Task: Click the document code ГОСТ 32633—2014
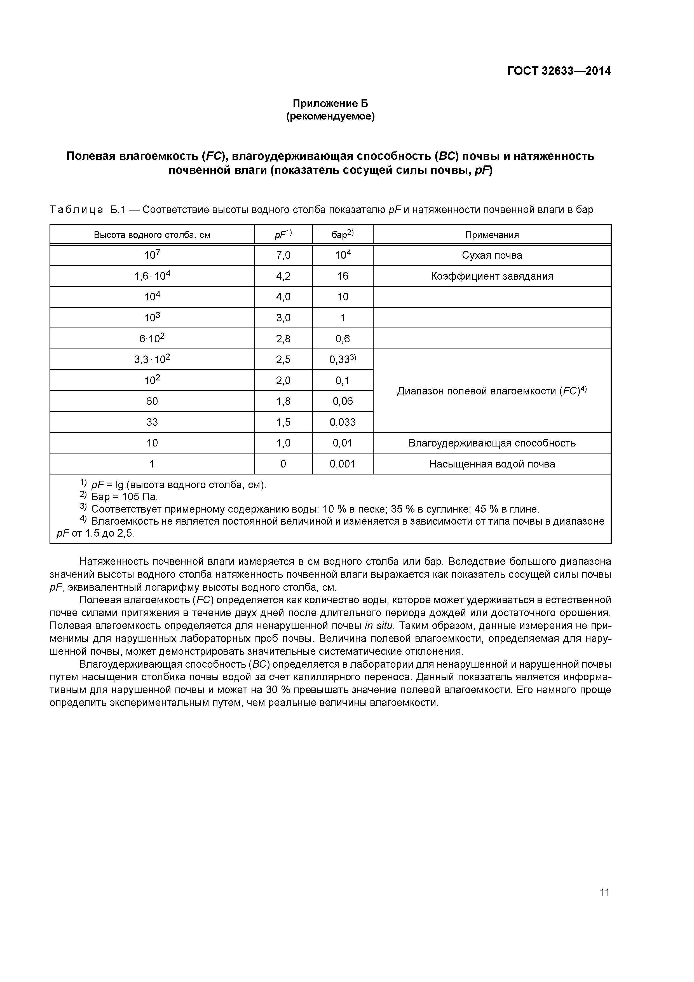pyautogui.click(x=559, y=71)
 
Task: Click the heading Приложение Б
pyautogui.click(x=330, y=104)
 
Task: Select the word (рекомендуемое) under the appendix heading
pyautogui.click(x=330, y=116)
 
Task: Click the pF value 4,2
pyautogui.click(x=283, y=276)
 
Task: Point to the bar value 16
pyautogui.click(x=343, y=276)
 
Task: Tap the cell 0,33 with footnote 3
pyautogui.click(x=343, y=360)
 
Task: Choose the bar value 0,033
pyautogui.click(x=343, y=422)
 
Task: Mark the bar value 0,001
pyautogui.click(x=343, y=464)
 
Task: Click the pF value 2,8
pyautogui.click(x=283, y=339)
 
